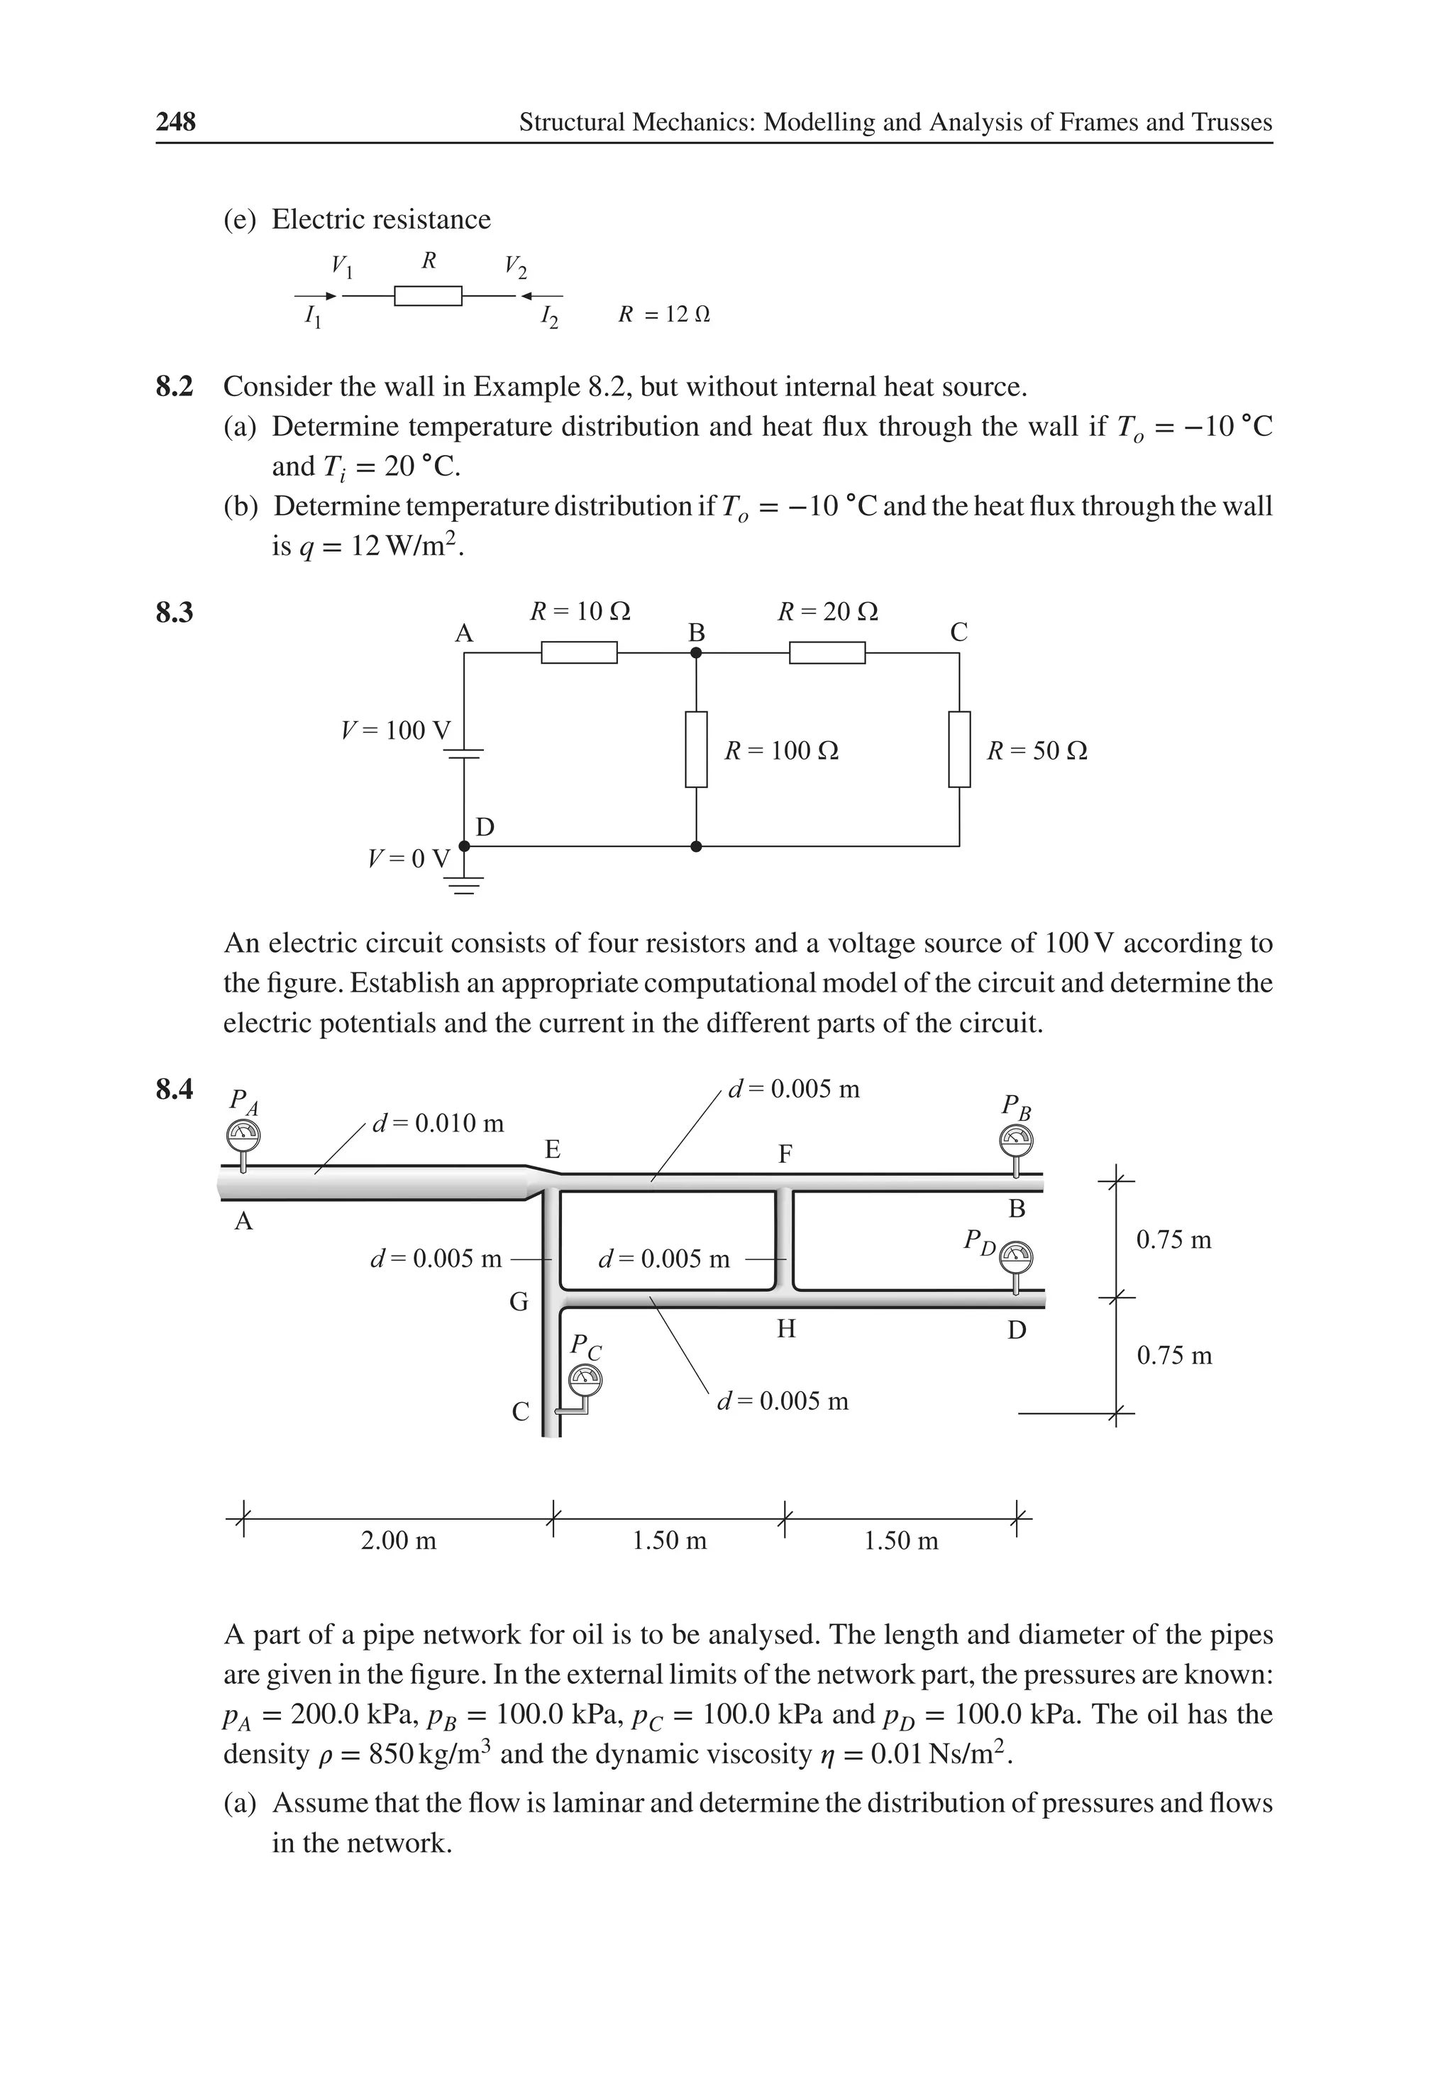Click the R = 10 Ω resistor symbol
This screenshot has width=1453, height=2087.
tap(579, 652)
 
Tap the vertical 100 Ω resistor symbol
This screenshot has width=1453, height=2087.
tap(696, 750)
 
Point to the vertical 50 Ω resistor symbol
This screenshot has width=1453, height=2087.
tap(960, 750)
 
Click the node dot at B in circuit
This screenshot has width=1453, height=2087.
tap(696, 652)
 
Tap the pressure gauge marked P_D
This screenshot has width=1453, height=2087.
tap(1016, 1258)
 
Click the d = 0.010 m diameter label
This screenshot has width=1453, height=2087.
tap(438, 1124)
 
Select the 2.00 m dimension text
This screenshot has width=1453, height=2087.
tap(398, 1540)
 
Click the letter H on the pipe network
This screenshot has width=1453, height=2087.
tap(786, 1330)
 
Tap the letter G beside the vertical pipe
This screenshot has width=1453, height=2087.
tap(518, 1303)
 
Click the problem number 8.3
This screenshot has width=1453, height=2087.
tap(175, 613)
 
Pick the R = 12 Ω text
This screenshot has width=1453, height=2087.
tap(663, 314)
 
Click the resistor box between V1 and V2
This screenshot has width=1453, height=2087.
tap(428, 295)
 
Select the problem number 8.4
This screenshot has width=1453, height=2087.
tap(175, 1089)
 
